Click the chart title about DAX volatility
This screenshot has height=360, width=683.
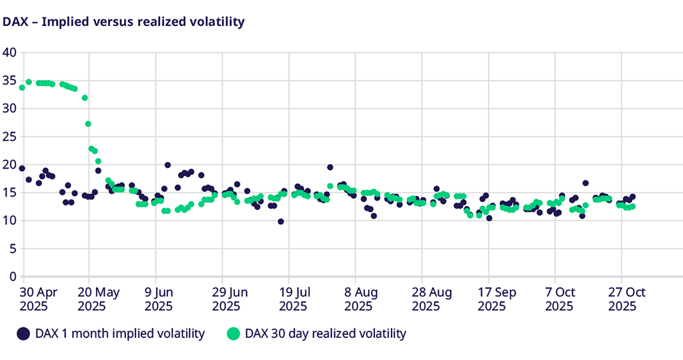coord(124,21)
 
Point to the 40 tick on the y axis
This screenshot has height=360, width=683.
coord(9,52)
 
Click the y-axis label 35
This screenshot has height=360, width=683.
coord(9,81)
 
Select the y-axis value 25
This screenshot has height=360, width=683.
coord(9,137)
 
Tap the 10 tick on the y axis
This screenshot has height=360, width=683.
coord(9,221)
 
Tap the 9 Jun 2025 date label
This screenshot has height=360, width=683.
coord(158,299)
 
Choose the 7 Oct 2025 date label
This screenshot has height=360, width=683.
coord(560,299)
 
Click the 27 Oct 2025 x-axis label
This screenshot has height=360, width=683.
coord(626,299)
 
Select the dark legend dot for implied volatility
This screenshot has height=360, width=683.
coord(23,333)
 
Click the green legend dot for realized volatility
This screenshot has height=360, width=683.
coord(233,333)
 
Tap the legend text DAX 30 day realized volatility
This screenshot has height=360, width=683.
coord(325,333)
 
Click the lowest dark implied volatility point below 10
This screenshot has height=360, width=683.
coord(281,221)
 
